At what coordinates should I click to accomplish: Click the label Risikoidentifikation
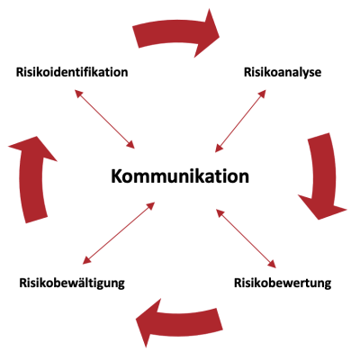click(72, 72)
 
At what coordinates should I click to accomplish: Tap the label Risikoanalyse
click(283, 73)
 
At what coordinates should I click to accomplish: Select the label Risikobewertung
click(283, 283)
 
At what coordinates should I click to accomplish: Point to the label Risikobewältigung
click(72, 283)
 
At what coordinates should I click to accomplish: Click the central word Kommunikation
click(180, 176)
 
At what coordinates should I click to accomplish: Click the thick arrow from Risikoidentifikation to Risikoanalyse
click(174, 32)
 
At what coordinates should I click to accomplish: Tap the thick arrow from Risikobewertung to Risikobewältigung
click(180, 322)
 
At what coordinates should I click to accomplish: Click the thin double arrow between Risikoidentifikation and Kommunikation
click(104, 119)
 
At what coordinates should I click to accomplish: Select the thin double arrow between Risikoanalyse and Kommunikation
click(240, 121)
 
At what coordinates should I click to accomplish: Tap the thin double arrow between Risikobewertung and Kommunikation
click(246, 239)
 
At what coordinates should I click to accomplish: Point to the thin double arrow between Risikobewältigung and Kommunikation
click(119, 233)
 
